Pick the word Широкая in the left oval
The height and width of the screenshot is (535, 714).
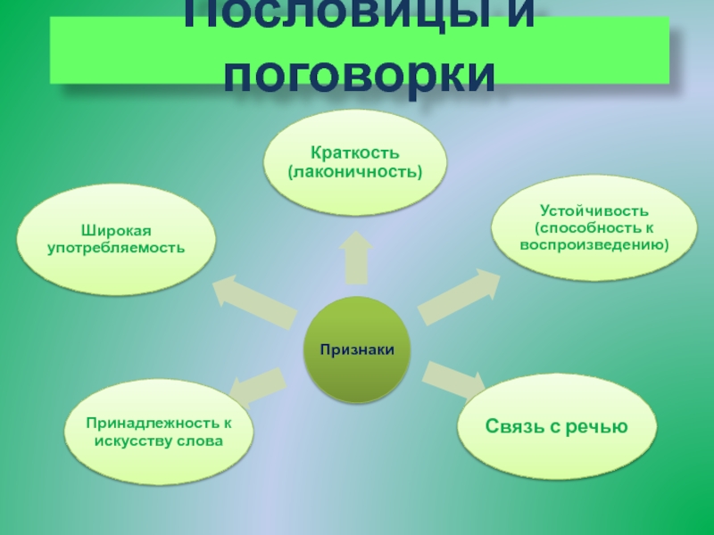tap(116, 230)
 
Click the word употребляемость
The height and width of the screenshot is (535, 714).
tap(116, 246)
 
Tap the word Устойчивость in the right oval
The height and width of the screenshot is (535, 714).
tap(594, 210)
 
